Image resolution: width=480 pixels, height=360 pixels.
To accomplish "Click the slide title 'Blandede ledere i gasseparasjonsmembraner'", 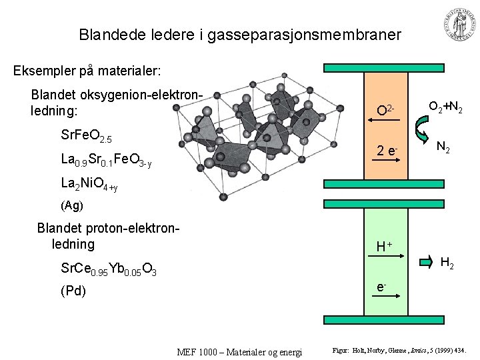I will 239,33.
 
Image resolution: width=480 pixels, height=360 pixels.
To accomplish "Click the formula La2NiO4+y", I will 89,184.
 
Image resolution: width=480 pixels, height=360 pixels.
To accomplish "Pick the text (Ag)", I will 71,205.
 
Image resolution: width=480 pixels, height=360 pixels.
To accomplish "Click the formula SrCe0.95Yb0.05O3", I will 108,269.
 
